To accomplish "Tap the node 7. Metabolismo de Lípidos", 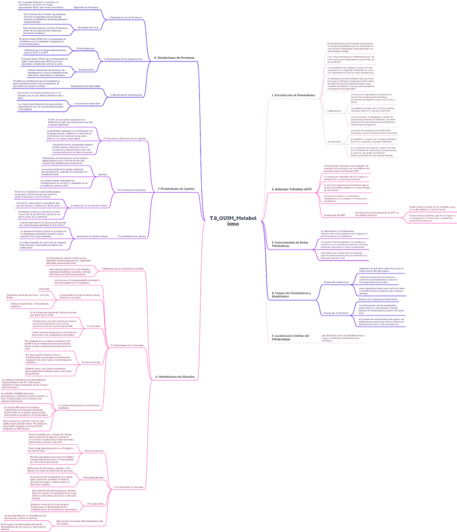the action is point(176,188).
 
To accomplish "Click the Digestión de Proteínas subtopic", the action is point(86,7).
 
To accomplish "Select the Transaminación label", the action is point(85,48).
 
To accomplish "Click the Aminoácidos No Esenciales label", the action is point(85,85).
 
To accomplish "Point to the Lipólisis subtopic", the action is point(102,174).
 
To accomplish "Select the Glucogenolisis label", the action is point(95,503).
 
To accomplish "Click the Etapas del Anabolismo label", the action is point(336,312).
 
